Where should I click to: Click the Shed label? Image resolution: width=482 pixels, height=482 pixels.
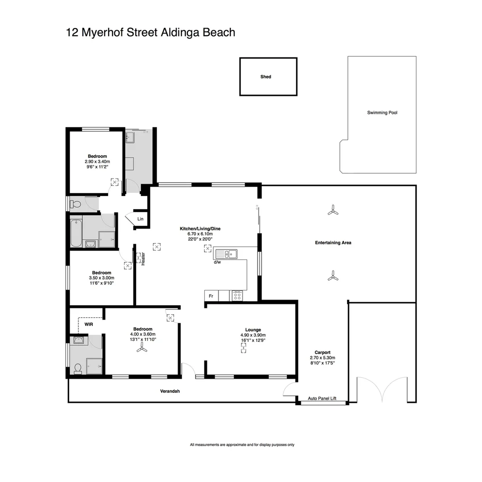click(266, 77)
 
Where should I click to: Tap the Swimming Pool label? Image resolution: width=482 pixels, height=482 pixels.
click(382, 113)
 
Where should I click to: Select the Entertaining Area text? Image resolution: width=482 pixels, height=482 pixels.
click(333, 243)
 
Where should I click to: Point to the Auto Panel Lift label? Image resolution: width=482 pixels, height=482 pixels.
click(322, 399)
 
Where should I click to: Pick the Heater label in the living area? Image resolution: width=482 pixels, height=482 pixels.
click(143, 259)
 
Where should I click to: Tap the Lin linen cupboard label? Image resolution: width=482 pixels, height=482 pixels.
click(140, 219)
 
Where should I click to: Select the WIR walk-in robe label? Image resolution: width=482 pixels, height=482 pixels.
click(89, 324)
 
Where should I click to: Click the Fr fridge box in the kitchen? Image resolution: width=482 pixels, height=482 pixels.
click(211, 296)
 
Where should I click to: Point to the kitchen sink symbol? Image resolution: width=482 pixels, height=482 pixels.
click(227, 254)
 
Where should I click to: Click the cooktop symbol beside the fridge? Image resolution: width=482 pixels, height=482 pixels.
click(237, 295)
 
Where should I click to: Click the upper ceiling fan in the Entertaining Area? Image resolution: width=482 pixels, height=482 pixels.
click(332, 210)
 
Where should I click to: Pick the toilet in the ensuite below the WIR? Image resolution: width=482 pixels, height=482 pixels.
click(78, 368)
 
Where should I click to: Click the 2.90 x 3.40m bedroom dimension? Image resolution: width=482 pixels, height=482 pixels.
click(97, 161)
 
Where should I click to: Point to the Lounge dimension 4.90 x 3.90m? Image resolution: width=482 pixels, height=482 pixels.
click(253, 335)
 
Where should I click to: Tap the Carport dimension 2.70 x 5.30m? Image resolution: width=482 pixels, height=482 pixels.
click(322, 357)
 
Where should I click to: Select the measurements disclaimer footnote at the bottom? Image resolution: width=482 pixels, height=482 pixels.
click(242, 445)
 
